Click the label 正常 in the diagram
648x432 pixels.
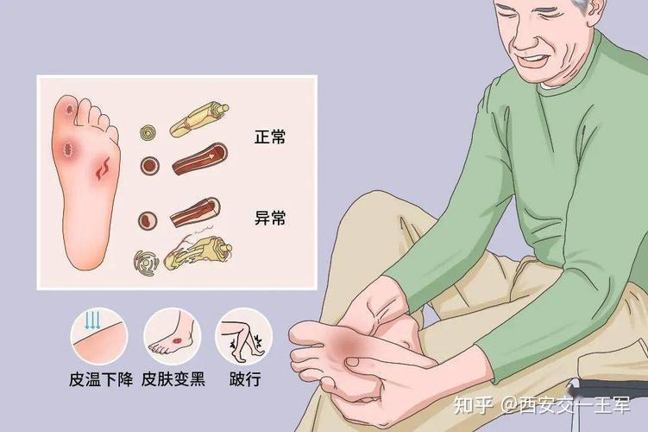click(x=270, y=137)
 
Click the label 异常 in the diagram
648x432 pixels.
click(x=270, y=218)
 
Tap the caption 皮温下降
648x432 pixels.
click(x=101, y=379)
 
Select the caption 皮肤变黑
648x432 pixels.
click(x=173, y=379)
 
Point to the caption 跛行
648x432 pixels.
click(x=245, y=379)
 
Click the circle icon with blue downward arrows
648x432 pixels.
click(x=99, y=336)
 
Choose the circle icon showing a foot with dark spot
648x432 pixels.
click(x=173, y=336)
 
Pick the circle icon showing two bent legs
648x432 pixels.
click(x=244, y=336)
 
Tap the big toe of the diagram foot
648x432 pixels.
click(x=68, y=110)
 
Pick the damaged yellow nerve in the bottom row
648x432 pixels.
click(x=198, y=251)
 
